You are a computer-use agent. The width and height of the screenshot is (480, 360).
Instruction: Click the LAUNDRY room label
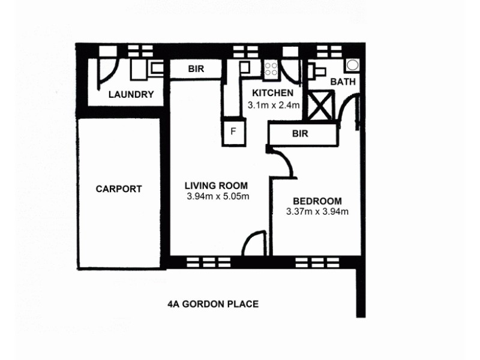(x=131, y=95)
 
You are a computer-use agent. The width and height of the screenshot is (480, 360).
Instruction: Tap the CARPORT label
(x=119, y=189)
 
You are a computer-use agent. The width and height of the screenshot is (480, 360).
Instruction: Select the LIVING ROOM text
(x=216, y=185)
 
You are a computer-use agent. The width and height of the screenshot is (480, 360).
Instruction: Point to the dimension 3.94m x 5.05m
(x=217, y=196)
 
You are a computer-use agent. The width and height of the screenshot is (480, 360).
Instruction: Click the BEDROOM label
(x=317, y=201)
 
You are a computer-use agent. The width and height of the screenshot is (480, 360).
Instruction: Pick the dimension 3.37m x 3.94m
(x=318, y=211)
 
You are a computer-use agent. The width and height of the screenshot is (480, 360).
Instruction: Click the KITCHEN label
(x=272, y=93)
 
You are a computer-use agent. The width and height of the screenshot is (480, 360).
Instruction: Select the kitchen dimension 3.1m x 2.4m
(x=273, y=104)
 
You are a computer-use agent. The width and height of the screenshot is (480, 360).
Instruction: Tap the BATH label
(x=343, y=82)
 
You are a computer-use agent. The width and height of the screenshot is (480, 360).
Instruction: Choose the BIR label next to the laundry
(x=196, y=69)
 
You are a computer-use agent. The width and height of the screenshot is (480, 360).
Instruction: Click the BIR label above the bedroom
(x=300, y=134)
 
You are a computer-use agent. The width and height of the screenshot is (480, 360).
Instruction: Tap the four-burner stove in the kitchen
(x=271, y=69)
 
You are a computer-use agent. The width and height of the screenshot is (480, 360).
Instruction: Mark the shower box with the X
(x=320, y=104)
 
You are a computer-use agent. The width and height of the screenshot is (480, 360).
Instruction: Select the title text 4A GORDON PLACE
(x=213, y=304)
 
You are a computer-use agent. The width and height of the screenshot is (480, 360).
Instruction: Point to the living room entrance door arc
(x=253, y=244)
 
